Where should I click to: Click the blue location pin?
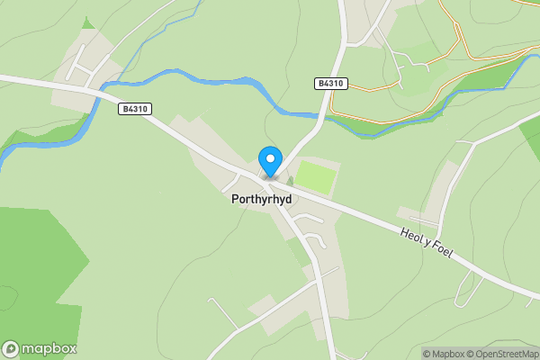click(269, 160)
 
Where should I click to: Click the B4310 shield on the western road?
click(134, 109)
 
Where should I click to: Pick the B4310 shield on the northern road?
click(330, 83)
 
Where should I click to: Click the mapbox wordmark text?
click(49, 348)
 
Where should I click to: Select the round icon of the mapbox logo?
click(11, 348)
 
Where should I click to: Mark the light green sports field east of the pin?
click(317, 177)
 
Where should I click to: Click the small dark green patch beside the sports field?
click(290, 181)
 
